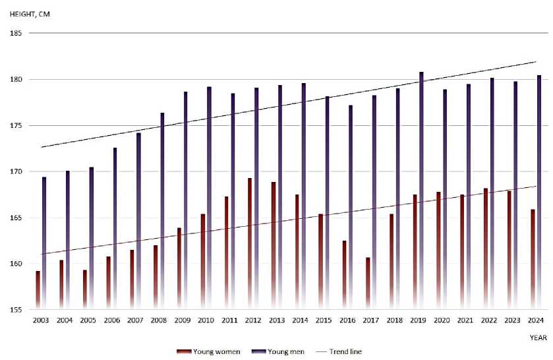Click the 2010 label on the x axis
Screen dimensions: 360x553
[206, 320]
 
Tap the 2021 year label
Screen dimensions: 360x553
[465, 320]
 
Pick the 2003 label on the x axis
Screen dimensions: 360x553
[41, 320]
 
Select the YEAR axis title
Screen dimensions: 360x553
[538, 338]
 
